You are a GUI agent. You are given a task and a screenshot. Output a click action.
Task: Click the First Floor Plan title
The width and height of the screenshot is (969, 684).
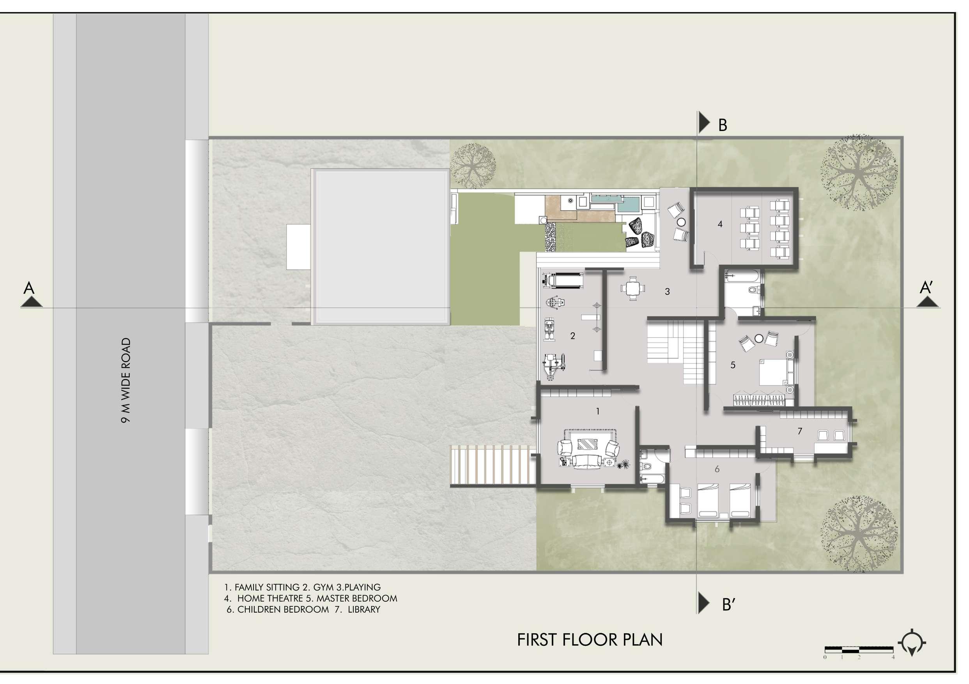(x=590, y=640)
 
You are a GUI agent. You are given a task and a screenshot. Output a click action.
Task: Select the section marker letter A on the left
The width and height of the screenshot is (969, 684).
(x=29, y=288)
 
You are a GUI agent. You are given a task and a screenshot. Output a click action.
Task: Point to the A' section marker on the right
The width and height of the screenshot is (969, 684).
(x=926, y=288)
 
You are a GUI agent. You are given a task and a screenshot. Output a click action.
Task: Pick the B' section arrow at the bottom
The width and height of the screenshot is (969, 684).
(x=704, y=602)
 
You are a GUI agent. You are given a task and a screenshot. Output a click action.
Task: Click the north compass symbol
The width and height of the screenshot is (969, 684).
(x=912, y=644)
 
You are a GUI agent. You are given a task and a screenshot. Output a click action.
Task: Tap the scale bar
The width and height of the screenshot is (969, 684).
(x=859, y=649)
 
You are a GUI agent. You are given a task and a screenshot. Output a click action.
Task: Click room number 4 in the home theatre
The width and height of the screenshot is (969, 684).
(x=720, y=225)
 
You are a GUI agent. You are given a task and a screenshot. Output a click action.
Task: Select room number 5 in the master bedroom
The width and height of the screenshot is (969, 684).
(x=733, y=365)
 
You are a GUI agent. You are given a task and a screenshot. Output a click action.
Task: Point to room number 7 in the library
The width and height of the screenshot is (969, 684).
(x=799, y=431)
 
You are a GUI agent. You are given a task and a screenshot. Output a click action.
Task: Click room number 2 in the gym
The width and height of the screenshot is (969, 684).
(x=573, y=336)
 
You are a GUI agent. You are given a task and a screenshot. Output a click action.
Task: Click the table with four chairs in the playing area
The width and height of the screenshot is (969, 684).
(x=632, y=289)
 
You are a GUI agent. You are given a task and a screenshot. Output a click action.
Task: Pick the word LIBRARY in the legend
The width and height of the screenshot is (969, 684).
(x=364, y=609)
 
